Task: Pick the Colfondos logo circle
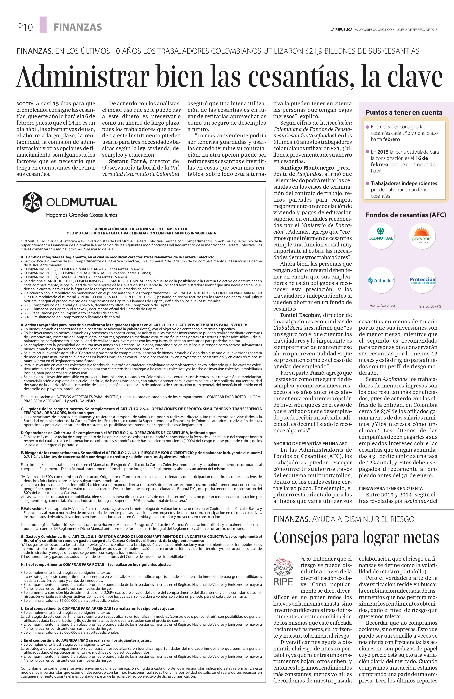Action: coord(381,280)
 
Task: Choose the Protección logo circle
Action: coord(422,280)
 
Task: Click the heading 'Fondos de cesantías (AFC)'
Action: coord(406,215)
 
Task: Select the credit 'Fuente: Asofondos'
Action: coord(382,306)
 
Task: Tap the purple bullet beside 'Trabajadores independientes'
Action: coord(367,183)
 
